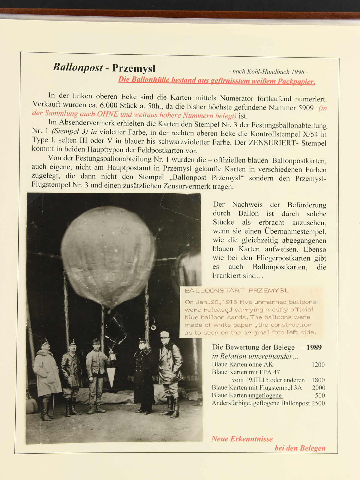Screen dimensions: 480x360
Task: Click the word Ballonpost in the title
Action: tap(78, 67)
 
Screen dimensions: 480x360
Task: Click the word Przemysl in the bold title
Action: tap(134, 68)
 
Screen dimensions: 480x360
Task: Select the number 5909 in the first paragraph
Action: tap(306, 108)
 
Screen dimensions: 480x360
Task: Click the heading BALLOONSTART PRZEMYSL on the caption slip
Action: tap(237, 291)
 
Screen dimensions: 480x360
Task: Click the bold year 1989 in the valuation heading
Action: tap(314, 347)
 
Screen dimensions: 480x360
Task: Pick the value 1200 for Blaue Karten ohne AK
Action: tap(318, 365)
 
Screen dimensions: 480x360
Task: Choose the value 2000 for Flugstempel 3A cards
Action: tap(318, 388)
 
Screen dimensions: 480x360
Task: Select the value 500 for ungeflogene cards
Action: tap(320, 395)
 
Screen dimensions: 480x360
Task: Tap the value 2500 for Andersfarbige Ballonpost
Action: tap(318, 403)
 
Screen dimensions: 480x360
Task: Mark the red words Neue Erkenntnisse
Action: tap(242, 439)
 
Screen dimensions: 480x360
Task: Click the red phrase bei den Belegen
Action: tap(300, 448)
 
